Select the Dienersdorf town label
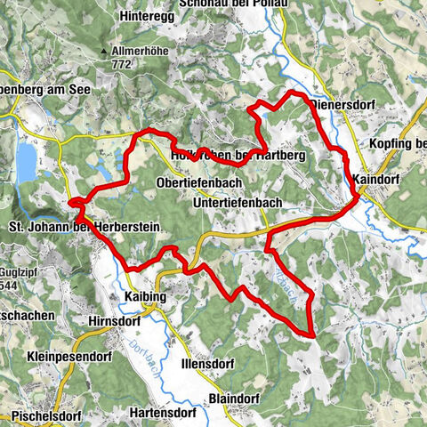point(343,104)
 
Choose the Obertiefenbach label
point(199,182)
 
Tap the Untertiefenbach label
point(237,203)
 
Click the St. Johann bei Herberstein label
point(84,228)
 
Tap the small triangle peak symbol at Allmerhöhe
point(115,52)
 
